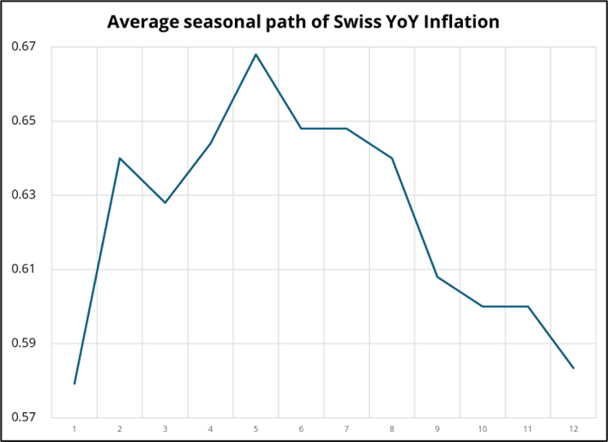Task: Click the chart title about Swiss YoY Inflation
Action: (303, 21)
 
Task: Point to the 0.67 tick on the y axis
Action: (24, 46)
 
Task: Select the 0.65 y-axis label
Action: (24, 121)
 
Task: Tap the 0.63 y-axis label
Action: (24, 195)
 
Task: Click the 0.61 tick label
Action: (24, 270)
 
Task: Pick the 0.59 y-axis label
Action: (24, 344)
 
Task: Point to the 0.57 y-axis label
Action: (24, 418)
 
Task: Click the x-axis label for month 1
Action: (75, 428)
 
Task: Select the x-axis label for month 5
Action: (256, 428)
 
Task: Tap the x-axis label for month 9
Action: (437, 428)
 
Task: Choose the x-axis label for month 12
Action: (573, 428)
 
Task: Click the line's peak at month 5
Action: (256, 54)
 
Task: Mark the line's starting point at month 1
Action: (75, 384)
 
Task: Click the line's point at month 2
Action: (120, 158)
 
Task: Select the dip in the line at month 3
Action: (165, 202)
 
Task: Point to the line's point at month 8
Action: (392, 158)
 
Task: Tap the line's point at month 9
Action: (437, 277)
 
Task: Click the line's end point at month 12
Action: (573, 368)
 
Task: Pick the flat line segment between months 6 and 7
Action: (324, 128)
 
